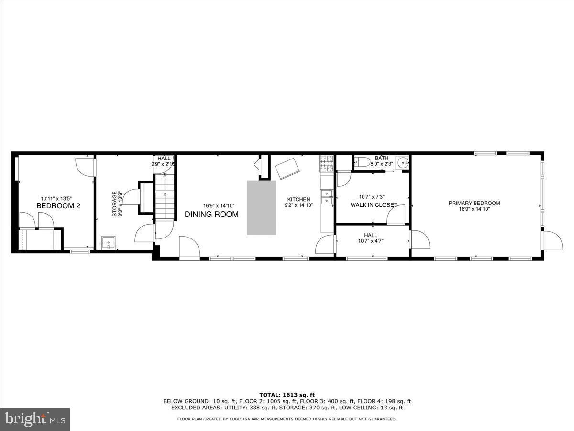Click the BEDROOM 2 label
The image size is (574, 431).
point(58,206)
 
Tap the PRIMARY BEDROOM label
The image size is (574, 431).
point(474,203)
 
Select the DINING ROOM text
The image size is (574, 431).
point(211,215)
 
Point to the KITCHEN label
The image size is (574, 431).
point(298,199)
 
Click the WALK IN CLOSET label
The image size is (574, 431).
point(374,205)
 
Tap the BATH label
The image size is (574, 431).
point(382,158)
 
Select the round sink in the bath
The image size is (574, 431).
point(403,163)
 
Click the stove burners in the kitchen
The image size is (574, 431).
point(326,163)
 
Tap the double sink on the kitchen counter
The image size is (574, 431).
point(327,197)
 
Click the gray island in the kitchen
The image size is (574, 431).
point(261,207)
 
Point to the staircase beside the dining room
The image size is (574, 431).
point(164,196)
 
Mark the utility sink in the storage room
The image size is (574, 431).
point(110,242)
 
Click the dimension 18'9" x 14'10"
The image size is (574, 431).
point(474,209)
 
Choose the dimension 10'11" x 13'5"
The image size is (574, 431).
point(56,199)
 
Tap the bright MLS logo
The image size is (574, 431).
point(35,419)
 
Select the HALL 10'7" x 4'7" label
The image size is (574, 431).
point(370,238)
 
